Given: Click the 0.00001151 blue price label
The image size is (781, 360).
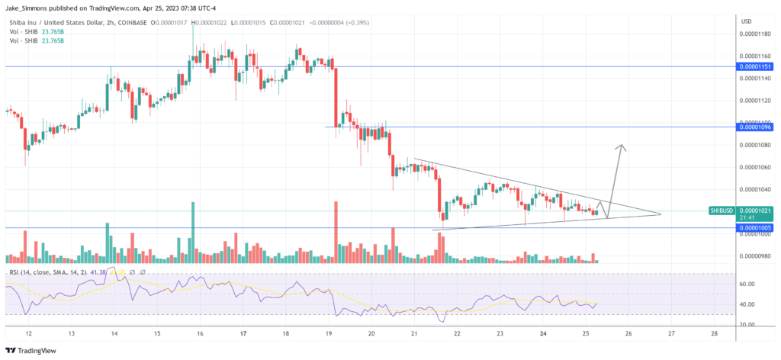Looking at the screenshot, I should [x=754, y=67].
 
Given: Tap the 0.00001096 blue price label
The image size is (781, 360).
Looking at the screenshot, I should [x=754, y=127].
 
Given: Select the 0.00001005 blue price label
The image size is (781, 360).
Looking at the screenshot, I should [x=754, y=228].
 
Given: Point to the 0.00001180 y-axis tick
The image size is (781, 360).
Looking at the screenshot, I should [x=754, y=34].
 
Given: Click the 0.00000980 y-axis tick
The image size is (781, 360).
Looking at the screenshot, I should [x=754, y=256].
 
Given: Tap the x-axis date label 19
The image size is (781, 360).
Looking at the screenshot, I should [x=329, y=334].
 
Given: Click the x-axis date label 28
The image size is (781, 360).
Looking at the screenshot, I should [x=713, y=334].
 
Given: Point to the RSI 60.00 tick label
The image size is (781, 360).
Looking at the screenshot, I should [x=747, y=284].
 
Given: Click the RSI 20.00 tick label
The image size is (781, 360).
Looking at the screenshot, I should [x=747, y=324].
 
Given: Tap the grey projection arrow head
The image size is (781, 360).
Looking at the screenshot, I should [x=623, y=146].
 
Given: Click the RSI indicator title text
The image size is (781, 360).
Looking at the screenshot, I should [x=38, y=272].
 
